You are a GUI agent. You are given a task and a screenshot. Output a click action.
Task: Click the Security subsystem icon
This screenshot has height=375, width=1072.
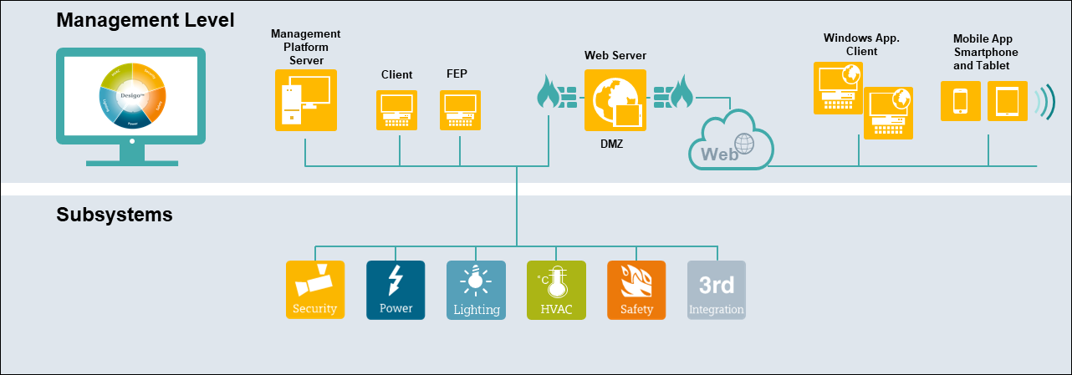click(315, 290)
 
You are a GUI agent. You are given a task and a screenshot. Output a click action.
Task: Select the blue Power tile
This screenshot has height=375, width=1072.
click(396, 290)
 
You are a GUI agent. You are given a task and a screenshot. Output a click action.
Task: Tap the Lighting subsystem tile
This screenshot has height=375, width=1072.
click(476, 290)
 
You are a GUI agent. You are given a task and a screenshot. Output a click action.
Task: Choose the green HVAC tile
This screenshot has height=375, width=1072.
click(556, 290)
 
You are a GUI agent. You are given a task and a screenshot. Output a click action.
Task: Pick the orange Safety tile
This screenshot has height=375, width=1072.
click(636, 290)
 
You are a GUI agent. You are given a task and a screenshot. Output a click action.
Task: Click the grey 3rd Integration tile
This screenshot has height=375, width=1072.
click(717, 290)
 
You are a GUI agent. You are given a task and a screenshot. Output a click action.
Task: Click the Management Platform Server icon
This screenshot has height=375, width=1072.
click(306, 100)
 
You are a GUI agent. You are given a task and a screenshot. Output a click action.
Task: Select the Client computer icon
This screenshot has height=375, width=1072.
click(397, 109)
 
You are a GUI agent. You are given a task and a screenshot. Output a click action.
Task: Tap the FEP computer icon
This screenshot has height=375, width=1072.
click(459, 109)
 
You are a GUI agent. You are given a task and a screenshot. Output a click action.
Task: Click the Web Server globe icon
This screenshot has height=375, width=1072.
click(615, 100)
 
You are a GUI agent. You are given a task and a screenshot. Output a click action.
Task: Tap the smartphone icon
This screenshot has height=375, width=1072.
click(961, 100)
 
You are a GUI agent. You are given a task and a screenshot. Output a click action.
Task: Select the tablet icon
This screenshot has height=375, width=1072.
click(1007, 100)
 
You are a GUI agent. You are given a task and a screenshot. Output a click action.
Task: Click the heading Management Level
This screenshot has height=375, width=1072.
click(145, 19)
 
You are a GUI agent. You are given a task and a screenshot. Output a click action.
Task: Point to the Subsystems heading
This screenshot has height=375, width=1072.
click(115, 215)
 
